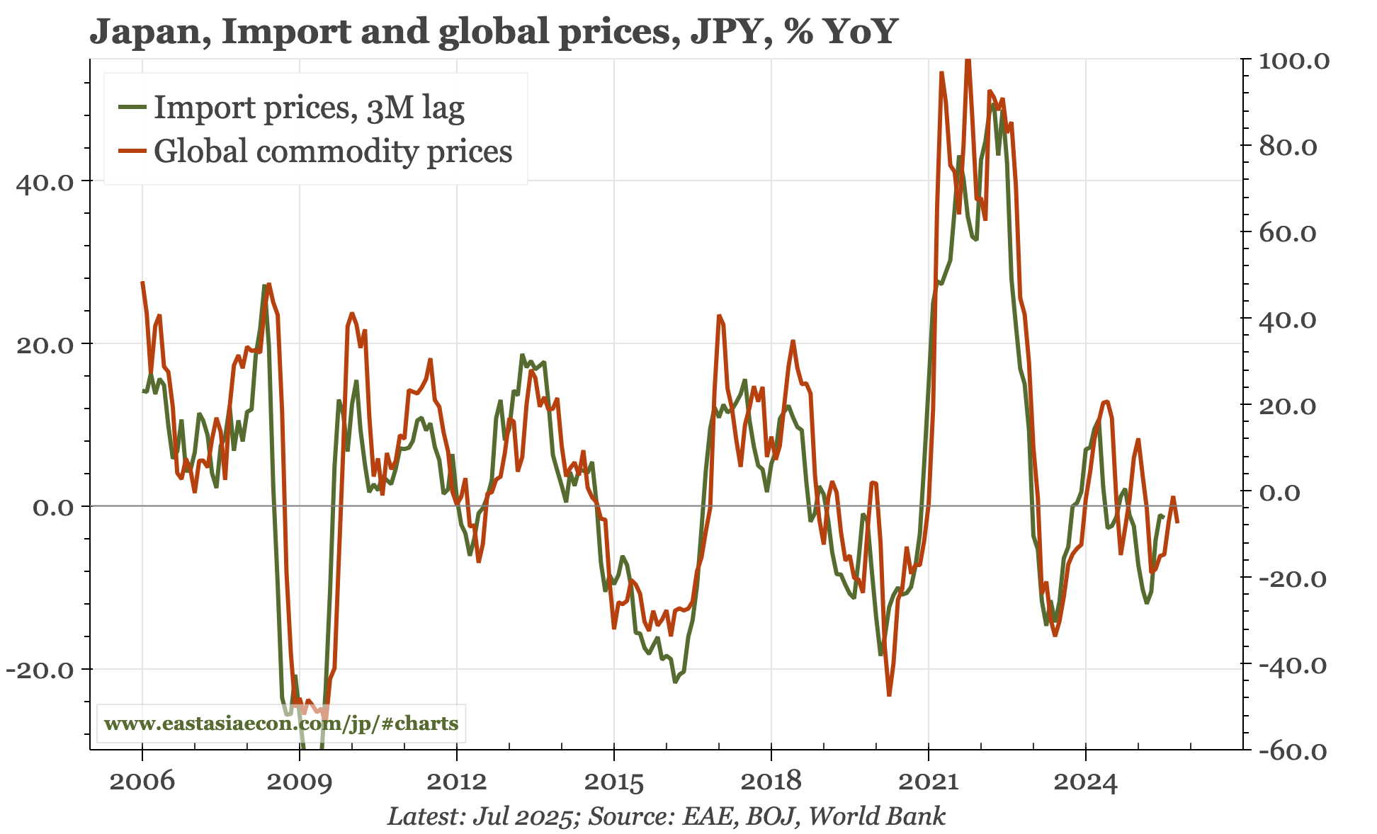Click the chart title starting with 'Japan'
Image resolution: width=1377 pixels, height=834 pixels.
click(x=494, y=31)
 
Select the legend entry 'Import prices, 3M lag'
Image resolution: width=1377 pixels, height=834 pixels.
click(x=309, y=108)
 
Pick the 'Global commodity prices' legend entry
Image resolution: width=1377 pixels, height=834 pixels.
click(x=333, y=152)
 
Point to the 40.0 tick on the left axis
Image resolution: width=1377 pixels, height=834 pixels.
click(x=45, y=182)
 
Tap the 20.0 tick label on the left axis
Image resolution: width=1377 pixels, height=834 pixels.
click(x=45, y=345)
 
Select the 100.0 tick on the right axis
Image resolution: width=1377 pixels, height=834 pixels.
click(x=1293, y=61)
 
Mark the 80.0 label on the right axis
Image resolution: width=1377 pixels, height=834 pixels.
click(x=1288, y=147)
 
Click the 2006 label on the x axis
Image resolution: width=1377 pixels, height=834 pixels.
click(x=142, y=782)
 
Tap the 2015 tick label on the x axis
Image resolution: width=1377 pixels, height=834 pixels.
click(x=614, y=782)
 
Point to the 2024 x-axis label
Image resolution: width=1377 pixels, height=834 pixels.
click(x=1085, y=782)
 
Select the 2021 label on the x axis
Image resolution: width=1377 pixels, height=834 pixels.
click(x=928, y=782)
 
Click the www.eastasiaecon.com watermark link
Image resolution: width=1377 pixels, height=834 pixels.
click(x=281, y=724)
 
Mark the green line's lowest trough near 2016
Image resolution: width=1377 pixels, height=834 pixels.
click(x=675, y=682)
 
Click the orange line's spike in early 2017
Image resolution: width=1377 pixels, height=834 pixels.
click(x=719, y=316)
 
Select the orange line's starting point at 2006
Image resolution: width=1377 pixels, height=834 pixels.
click(x=142, y=282)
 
